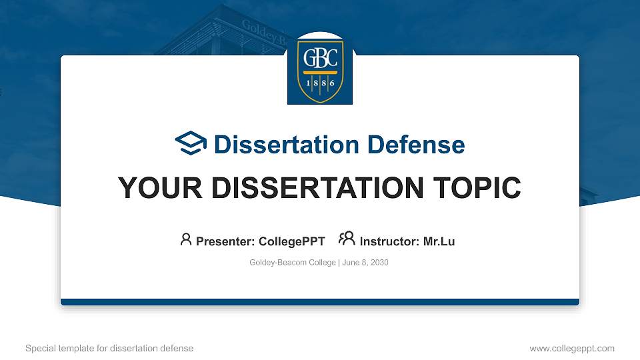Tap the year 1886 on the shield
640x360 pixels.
[321, 83]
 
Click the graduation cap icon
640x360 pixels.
[191, 143]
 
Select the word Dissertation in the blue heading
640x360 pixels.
[287, 145]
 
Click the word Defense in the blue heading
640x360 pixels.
[416, 145]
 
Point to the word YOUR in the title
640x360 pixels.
[160, 188]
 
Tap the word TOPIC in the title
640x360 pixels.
[477, 188]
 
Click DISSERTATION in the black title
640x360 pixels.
[317, 188]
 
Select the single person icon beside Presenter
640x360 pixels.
[186, 239]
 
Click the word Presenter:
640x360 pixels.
[225, 241]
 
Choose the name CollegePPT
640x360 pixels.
[292, 241]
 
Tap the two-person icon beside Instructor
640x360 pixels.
[347, 239]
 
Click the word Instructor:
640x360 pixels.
[389, 241]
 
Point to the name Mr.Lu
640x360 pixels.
[439, 241]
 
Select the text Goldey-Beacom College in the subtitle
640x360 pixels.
[292, 263]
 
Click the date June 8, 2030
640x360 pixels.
[365, 263]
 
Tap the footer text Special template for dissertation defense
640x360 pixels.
[109, 348]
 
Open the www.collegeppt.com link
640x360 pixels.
[572, 348]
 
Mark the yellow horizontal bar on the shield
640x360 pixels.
[320, 73]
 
